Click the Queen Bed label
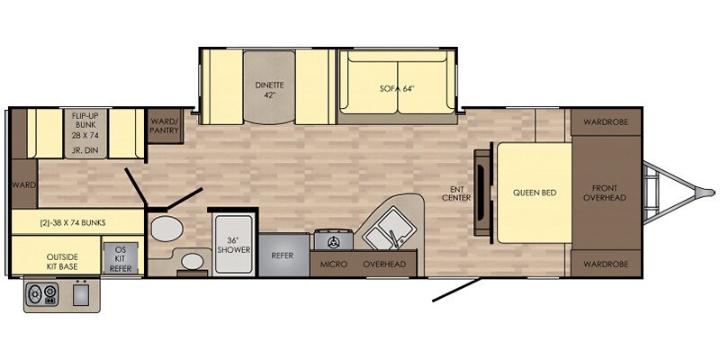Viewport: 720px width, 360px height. pyautogui.click(x=535, y=193)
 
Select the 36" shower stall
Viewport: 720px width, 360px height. pyautogui.click(x=234, y=245)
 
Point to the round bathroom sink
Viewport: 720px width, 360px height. pyautogui.click(x=193, y=261)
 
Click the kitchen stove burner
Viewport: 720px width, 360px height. pyautogui.click(x=333, y=241)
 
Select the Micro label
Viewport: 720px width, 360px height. pyautogui.click(x=333, y=264)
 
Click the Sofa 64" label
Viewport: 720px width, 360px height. pyautogui.click(x=397, y=89)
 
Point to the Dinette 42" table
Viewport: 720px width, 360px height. pyautogui.click(x=269, y=87)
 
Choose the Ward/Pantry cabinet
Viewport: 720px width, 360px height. pyautogui.click(x=165, y=126)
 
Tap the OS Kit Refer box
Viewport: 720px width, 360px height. pyautogui.click(x=121, y=258)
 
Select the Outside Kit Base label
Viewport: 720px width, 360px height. pyautogui.click(x=62, y=261)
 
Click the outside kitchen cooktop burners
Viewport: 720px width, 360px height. pyautogui.click(x=41, y=294)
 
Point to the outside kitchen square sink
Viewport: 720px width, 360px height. pyautogui.click(x=80, y=294)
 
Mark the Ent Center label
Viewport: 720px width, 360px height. pyautogui.click(x=460, y=193)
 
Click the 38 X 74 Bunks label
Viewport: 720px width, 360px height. pyautogui.click(x=74, y=223)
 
